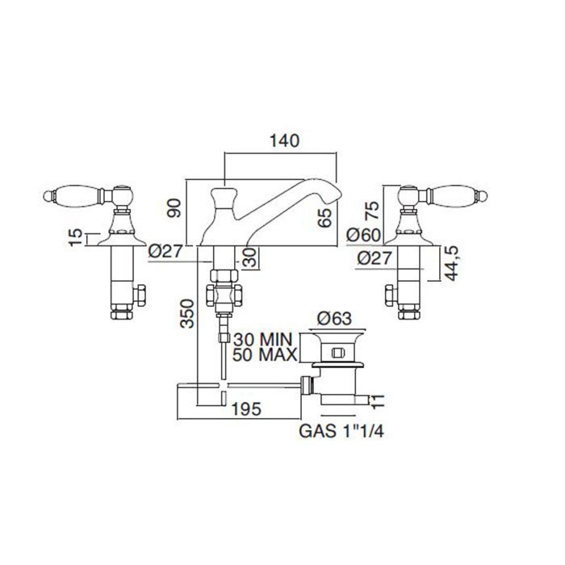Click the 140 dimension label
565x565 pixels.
[x=284, y=141]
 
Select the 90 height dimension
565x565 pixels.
[x=175, y=208]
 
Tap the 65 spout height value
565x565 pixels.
[x=324, y=218]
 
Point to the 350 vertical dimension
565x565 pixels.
[x=187, y=314]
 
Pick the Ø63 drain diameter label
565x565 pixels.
[x=334, y=319]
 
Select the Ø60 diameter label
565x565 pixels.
[x=364, y=236]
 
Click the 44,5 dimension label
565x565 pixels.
[x=452, y=263]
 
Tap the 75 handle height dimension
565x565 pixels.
[x=372, y=211]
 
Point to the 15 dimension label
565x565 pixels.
[x=76, y=237]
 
